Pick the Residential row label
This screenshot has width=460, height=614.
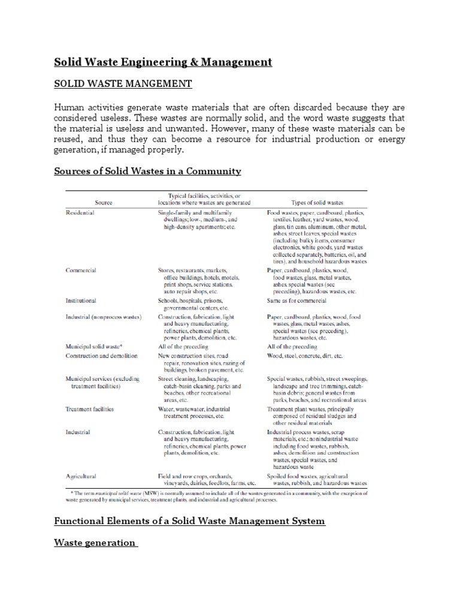pos(80,212)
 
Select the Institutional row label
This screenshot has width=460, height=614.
pos(81,300)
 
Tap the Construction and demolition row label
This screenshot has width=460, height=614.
pos(101,356)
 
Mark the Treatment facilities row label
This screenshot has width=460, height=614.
pos(89,409)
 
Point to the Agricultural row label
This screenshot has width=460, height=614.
pos(81,476)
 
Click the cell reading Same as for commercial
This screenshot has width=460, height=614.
pos(296,300)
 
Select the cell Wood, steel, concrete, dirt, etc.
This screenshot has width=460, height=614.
pos(305,356)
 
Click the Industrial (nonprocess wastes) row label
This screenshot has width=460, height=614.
pos(103,316)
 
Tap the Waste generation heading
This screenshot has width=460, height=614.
pos(95,543)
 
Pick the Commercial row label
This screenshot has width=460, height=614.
pos(80,270)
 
